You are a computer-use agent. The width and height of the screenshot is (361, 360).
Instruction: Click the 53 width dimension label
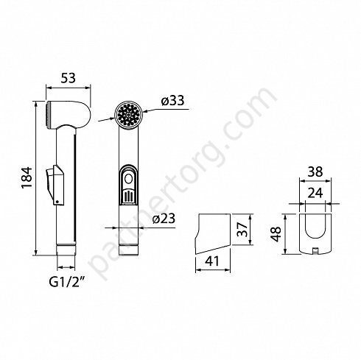click(69, 78)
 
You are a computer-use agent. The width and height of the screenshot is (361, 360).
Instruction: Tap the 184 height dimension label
click(27, 177)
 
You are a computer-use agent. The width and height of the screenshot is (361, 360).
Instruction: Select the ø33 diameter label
click(172, 101)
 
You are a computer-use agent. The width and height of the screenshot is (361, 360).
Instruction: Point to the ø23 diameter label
click(164, 219)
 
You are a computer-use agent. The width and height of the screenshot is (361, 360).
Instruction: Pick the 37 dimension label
click(243, 229)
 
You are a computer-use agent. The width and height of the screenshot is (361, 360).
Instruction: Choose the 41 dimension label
click(212, 261)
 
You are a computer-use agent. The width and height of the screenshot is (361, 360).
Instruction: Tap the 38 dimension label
click(315, 172)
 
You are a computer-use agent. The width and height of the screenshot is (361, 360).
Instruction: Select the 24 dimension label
click(315, 193)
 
